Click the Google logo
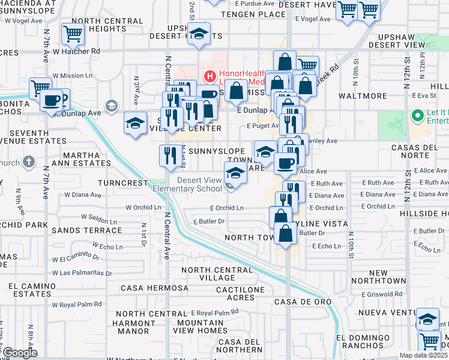20,353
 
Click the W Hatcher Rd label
76,52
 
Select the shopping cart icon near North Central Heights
73,35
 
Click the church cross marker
29,162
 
